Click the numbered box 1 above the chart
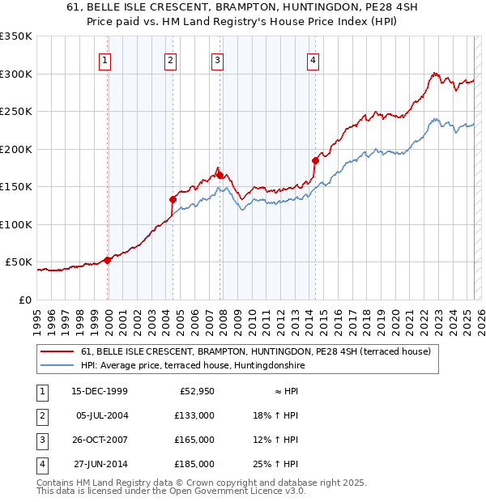[106, 58]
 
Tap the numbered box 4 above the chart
[313, 58]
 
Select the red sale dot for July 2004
[173, 199]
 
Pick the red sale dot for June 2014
[315, 160]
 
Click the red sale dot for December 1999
[108, 260]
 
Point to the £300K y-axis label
[16, 74]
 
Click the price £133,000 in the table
[195, 415]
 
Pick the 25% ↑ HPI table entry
[276, 464]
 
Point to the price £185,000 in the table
[195, 464]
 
